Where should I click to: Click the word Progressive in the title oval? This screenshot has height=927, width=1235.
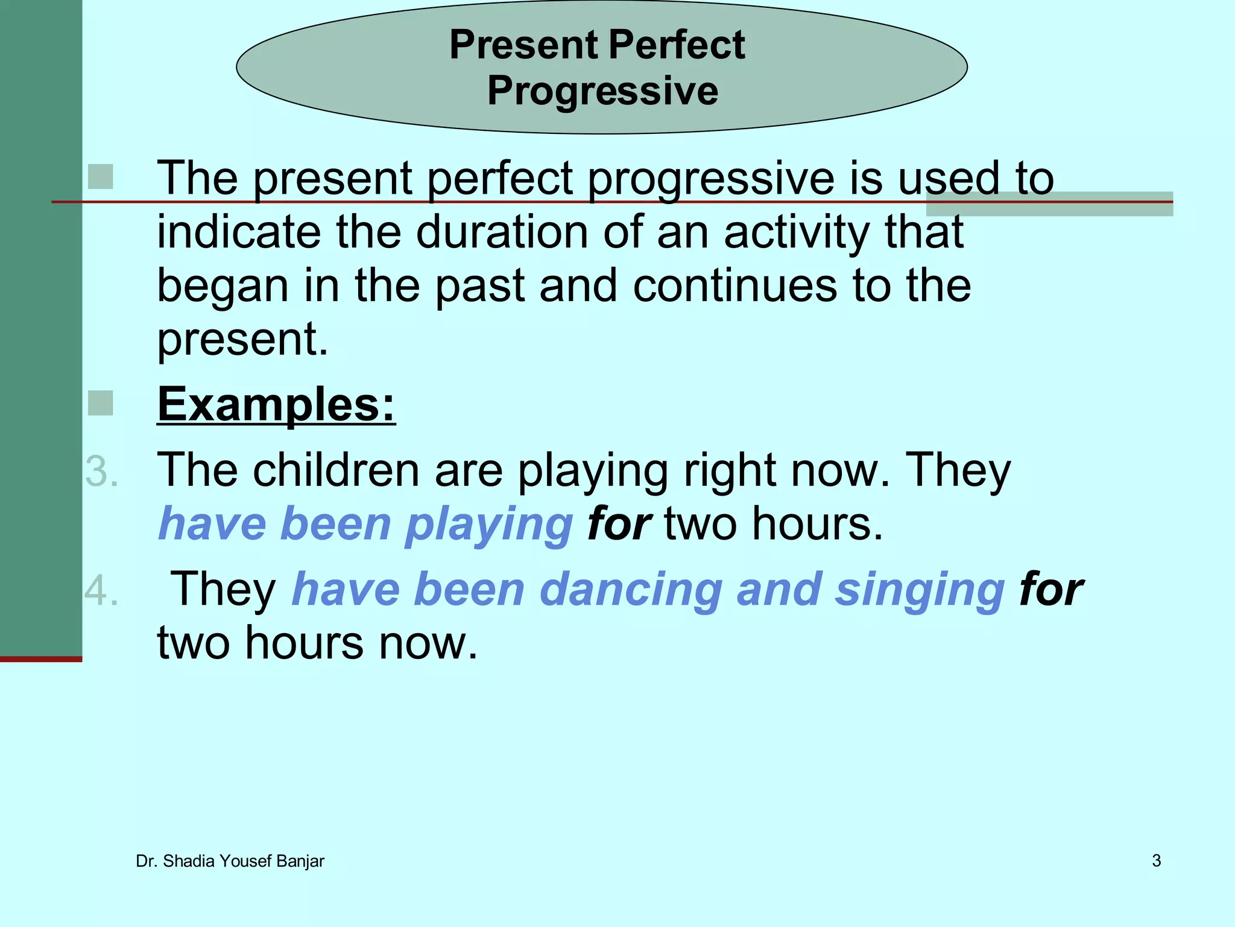pyautogui.click(x=602, y=91)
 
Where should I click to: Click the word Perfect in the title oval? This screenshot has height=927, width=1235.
pyautogui.click(x=677, y=45)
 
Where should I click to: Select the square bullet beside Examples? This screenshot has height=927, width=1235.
pyautogui.click(x=100, y=403)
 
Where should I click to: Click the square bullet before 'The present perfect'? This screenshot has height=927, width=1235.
pyautogui.click(x=100, y=177)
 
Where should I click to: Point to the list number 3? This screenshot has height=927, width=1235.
pyautogui.click(x=101, y=471)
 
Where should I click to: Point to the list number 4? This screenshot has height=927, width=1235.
pyautogui.click(x=101, y=590)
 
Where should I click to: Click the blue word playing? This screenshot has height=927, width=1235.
pyautogui.click(x=488, y=524)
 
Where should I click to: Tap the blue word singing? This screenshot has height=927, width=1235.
pyautogui.click(x=920, y=590)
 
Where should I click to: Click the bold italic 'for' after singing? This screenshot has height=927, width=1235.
pyautogui.click(x=1051, y=590)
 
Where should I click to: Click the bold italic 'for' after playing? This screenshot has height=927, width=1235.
pyautogui.click(x=619, y=524)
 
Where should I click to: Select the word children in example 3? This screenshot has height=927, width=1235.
pyautogui.click(x=336, y=470)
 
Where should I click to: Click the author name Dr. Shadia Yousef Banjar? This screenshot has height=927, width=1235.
pyautogui.click(x=230, y=861)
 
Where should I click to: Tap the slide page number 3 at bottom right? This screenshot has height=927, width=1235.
pyautogui.click(x=1156, y=861)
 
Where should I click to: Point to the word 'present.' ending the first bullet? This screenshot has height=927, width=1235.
pyautogui.click(x=242, y=339)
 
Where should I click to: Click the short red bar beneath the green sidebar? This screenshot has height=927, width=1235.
pyautogui.click(x=40, y=659)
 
